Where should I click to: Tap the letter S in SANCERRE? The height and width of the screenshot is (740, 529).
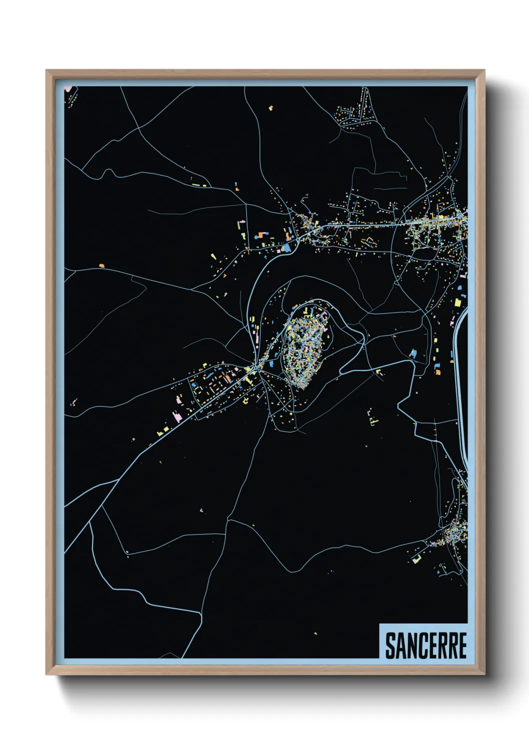pyautogui.click(x=390, y=645)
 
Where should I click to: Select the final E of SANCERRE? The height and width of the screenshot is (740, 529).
pyautogui.click(x=462, y=645)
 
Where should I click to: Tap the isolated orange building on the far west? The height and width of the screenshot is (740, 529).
pyautogui.click(x=101, y=266)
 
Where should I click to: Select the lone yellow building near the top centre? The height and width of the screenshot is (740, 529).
pyautogui.click(x=271, y=107)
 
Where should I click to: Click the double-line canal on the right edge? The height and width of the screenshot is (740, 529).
pyautogui.click(x=460, y=380)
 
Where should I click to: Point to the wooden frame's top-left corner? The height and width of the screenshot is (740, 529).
pyautogui.click(x=47, y=71)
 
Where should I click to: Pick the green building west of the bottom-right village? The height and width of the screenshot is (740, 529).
pyautogui.click(x=416, y=559)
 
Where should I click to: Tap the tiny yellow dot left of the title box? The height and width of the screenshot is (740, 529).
pyautogui.click(x=315, y=633)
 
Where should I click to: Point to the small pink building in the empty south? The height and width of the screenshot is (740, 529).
pyautogui.click(x=201, y=510)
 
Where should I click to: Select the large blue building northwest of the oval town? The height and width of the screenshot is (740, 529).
pyautogui.click(x=286, y=247)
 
